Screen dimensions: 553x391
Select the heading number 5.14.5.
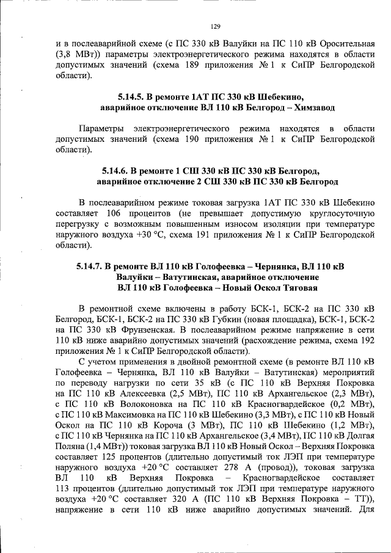[x=131, y=97]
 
